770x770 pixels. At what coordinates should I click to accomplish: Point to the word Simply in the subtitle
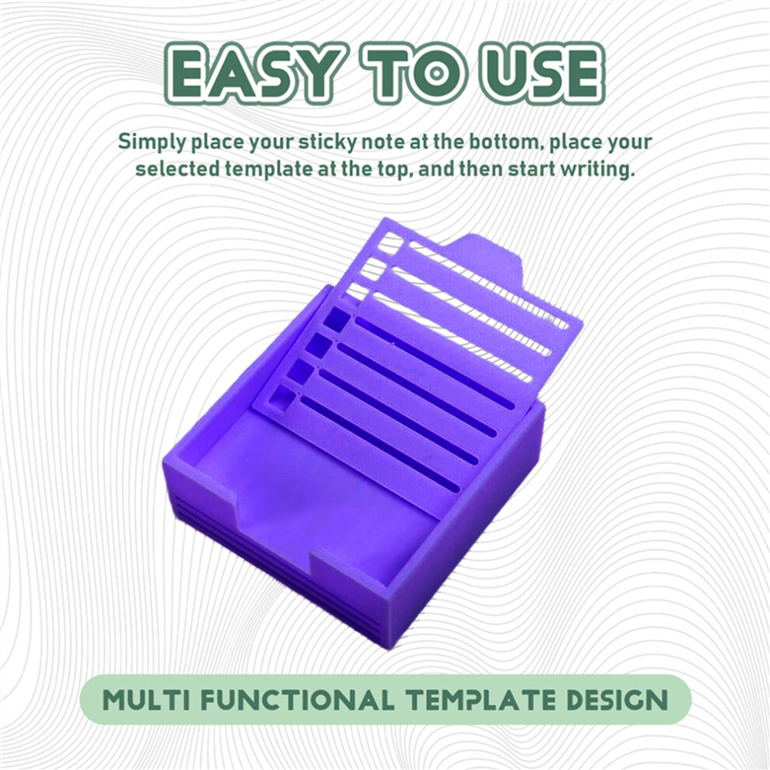pos(152,143)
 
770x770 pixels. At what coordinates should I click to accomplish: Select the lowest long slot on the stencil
pos(380,443)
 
